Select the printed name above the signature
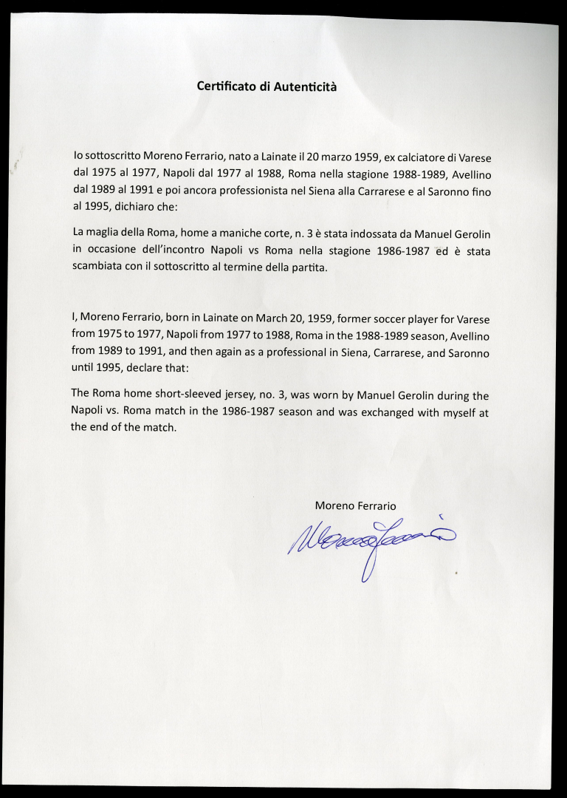355,505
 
